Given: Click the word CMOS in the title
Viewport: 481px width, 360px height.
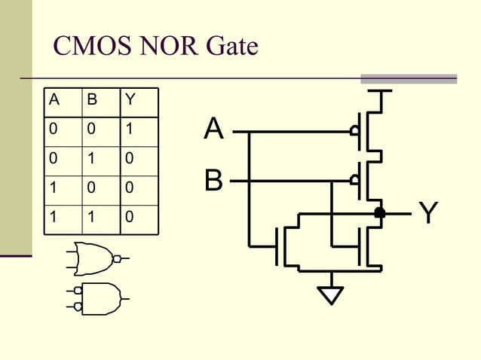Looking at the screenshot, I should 88,47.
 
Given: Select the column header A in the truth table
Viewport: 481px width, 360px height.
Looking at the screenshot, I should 53,99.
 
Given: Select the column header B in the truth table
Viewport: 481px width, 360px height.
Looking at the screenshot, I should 90,99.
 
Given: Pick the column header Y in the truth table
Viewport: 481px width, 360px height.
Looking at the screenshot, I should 129,99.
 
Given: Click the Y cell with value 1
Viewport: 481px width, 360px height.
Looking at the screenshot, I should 129,129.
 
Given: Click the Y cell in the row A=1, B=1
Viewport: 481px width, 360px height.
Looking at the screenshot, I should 129,216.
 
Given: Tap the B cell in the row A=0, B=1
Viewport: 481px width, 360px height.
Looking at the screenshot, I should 90,158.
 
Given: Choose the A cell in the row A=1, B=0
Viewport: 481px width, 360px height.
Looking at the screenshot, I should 53,188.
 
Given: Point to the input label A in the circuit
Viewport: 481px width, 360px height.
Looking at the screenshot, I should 214,130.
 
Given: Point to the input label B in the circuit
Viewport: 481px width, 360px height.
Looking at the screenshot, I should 214,181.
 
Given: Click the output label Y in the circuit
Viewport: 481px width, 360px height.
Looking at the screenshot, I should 428,214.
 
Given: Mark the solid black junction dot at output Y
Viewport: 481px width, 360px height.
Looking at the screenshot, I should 380,213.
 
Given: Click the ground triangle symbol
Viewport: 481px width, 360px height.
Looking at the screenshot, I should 329,294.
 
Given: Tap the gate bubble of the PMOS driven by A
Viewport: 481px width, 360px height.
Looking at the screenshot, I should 354,131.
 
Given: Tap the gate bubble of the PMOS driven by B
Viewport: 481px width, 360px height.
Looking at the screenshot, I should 354,181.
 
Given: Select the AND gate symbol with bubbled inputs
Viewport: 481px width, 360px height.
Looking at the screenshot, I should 98,297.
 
